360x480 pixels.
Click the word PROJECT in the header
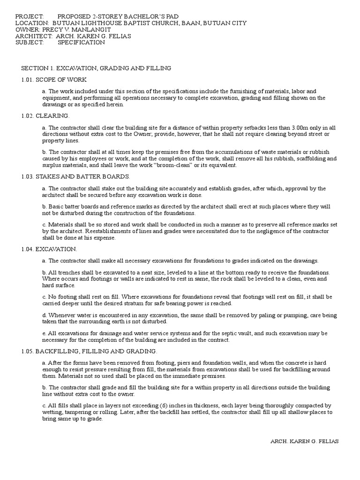point(29,16)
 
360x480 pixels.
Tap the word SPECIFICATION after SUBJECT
point(82,42)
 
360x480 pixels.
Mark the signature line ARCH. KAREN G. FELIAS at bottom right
point(305,442)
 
